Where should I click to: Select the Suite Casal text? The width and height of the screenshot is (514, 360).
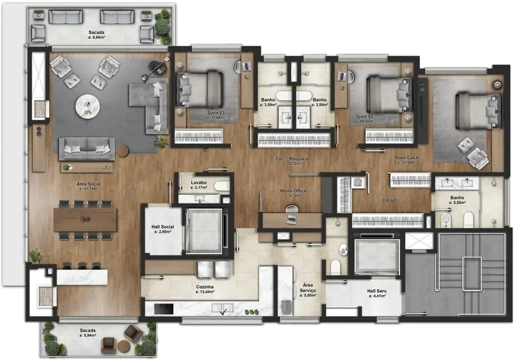click(x=407, y=158)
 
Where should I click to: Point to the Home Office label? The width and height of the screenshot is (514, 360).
click(x=292, y=191)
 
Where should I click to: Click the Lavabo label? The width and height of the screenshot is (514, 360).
click(x=198, y=182)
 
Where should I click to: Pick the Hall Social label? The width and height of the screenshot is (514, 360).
click(x=163, y=227)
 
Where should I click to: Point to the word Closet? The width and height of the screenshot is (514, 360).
click(x=390, y=200)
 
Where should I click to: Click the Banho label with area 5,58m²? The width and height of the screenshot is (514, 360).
click(x=457, y=197)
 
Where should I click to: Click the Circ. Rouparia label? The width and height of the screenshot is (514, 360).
click(x=292, y=159)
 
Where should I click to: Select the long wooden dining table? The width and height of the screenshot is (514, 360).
click(x=85, y=219)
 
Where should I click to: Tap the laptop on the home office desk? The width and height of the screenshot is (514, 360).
click(x=291, y=219)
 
